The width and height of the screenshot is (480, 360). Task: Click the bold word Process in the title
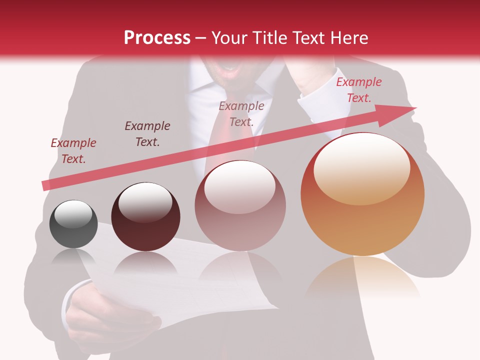click(157, 38)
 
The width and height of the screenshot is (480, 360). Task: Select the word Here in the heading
click(349, 38)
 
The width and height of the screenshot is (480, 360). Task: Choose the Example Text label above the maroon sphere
click(147, 133)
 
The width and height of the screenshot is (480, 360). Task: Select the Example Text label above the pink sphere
click(241, 113)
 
